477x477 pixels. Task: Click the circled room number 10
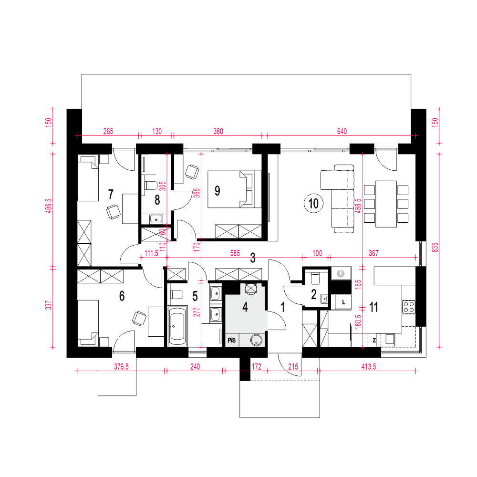point(313,203)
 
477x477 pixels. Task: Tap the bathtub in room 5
point(177,326)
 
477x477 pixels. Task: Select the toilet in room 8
point(151,185)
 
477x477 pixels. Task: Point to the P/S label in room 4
point(231,341)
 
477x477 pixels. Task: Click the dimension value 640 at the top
point(342,132)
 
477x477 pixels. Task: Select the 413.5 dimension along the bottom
point(368,366)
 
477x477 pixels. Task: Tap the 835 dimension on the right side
point(436,247)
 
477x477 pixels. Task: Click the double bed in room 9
point(234,189)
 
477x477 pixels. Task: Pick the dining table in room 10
point(386,204)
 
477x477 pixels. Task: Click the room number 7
point(111,194)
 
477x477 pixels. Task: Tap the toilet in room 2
point(315,278)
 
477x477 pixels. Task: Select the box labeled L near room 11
point(343,302)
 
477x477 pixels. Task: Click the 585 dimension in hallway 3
point(235,253)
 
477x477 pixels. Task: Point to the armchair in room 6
point(139,318)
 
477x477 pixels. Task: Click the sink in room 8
point(156,218)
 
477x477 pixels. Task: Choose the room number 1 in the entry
point(283,307)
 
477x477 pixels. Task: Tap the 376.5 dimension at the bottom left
point(121,366)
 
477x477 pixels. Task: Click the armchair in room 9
point(192,172)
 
